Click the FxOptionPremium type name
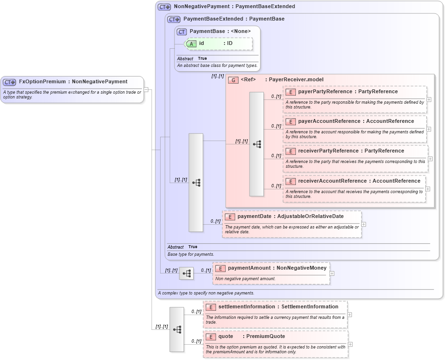[x=43, y=82]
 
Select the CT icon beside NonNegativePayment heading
[x=164, y=7]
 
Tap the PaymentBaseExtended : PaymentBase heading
[x=234, y=19]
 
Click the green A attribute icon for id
[x=192, y=44]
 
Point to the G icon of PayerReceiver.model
[x=233, y=80]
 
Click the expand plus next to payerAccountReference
[x=429, y=129]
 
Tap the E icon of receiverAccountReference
[x=290, y=181]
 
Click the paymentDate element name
[x=254, y=217]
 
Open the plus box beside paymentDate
[x=364, y=224]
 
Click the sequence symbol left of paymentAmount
[x=186, y=273]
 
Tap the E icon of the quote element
[x=211, y=337]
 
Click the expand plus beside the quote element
[x=350, y=344]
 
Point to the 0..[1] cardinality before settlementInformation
[x=196, y=312]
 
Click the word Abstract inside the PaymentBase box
[x=185, y=59]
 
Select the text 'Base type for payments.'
[x=191, y=254]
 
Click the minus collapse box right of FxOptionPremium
[x=146, y=89]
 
